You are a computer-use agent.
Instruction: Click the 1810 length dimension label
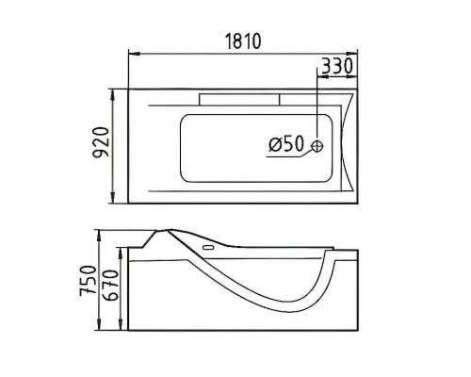pyautogui.click(x=243, y=41)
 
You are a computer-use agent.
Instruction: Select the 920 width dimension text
pyautogui.click(x=102, y=141)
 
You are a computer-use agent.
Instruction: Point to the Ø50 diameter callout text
pyautogui.click(x=286, y=143)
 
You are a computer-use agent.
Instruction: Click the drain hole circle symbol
pyautogui.click(x=317, y=145)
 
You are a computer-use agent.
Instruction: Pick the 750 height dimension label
pyautogui.click(x=88, y=281)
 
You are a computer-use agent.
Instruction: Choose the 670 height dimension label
pyautogui.click(x=110, y=286)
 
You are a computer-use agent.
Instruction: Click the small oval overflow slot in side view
pyautogui.click(x=208, y=247)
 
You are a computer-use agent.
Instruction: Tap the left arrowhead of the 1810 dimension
pyautogui.click(x=134, y=54)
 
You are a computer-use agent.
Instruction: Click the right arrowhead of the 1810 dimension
pyautogui.click(x=352, y=54)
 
